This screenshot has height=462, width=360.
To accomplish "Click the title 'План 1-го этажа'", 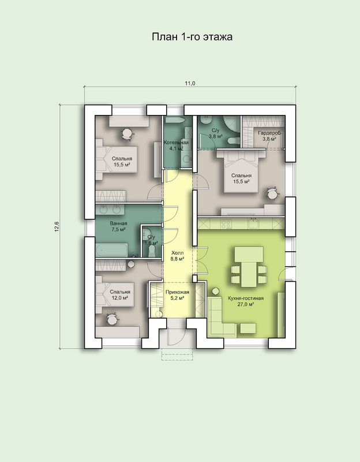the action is pyautogui.click(x=192, y=37).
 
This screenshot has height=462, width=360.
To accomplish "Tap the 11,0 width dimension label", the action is pyautogui.click(x=190, y=83).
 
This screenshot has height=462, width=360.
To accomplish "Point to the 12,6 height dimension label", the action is pyautogui.click(x=57, y=226).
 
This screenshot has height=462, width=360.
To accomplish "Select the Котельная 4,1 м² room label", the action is pyautogui.click(x=176, y=146).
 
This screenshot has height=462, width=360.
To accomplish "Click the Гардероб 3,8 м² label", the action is pyautogui.click(x=269, y=136).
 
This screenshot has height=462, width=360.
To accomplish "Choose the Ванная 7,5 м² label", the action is pyautogui.click(x=119, y=226).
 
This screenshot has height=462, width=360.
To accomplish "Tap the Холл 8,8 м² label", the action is pyautogui.click(x=177, y=256).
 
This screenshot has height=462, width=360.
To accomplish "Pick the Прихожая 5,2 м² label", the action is pyautogui.click(x=177, y=295).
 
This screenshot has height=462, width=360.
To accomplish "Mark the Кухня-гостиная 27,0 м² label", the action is pyautogui.click(x=246, y=301).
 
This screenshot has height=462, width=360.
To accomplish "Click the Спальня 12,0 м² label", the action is pyautogui.click(x=120, y=295).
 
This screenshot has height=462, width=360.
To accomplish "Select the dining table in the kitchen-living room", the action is pyautogui.click(x=249, y=267).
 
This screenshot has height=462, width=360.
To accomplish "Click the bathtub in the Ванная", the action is pyautogui.click(x=111, y=250).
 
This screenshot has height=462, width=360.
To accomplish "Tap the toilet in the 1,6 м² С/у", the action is pyautogui.click(x=152, y=251).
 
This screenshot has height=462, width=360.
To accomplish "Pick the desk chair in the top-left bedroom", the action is pyautogui.click(x=127, y=133).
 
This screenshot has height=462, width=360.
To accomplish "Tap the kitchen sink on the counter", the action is pyautogui.click(x=253, y=223).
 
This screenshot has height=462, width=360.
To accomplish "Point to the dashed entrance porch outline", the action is pyautogui.click(x=177, y=355).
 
